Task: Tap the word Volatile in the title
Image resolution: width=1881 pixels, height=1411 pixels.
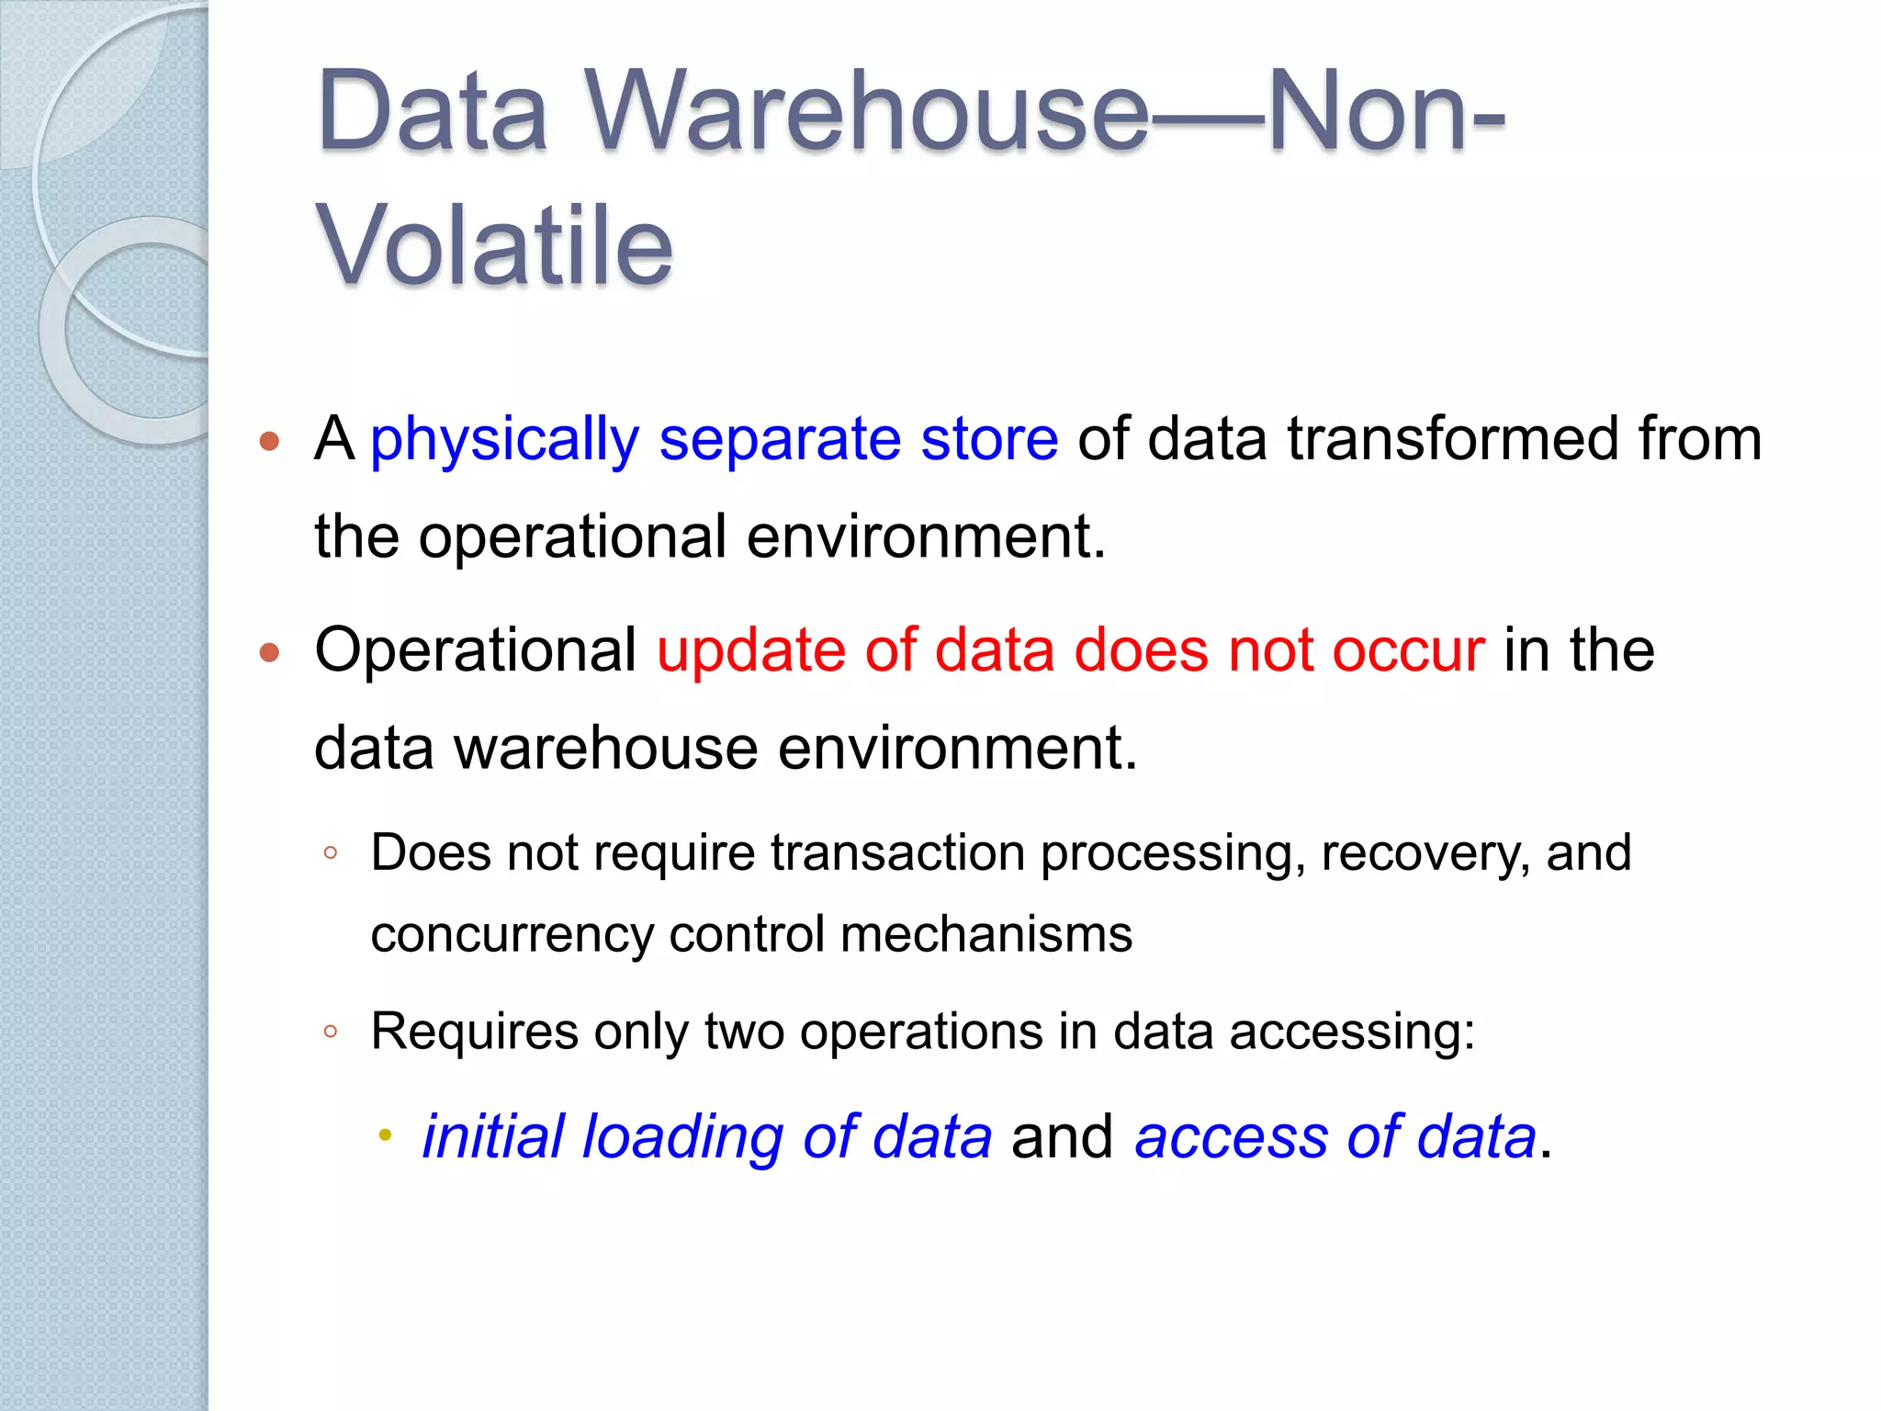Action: coord(494,246)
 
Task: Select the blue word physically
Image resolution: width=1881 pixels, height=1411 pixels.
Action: coord(504,440)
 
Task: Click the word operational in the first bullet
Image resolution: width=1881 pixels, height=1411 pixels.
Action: coord(572,536)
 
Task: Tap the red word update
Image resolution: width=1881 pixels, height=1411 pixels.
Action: coord(750,651)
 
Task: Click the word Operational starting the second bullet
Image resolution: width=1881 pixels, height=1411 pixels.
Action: coord(475,651)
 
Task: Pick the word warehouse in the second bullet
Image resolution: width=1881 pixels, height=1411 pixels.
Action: coord(605,748)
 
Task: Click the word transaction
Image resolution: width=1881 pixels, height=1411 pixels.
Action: coord(896,852)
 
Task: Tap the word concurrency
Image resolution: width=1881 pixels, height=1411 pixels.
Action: coord(512,934)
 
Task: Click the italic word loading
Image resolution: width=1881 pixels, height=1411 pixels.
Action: coord(682,1137)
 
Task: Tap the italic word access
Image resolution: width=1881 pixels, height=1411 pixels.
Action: coord(1231,1137)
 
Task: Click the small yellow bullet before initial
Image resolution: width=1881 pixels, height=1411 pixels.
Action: coord(385,1136)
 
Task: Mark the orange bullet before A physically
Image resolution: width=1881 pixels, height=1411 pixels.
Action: coord(269,441)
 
